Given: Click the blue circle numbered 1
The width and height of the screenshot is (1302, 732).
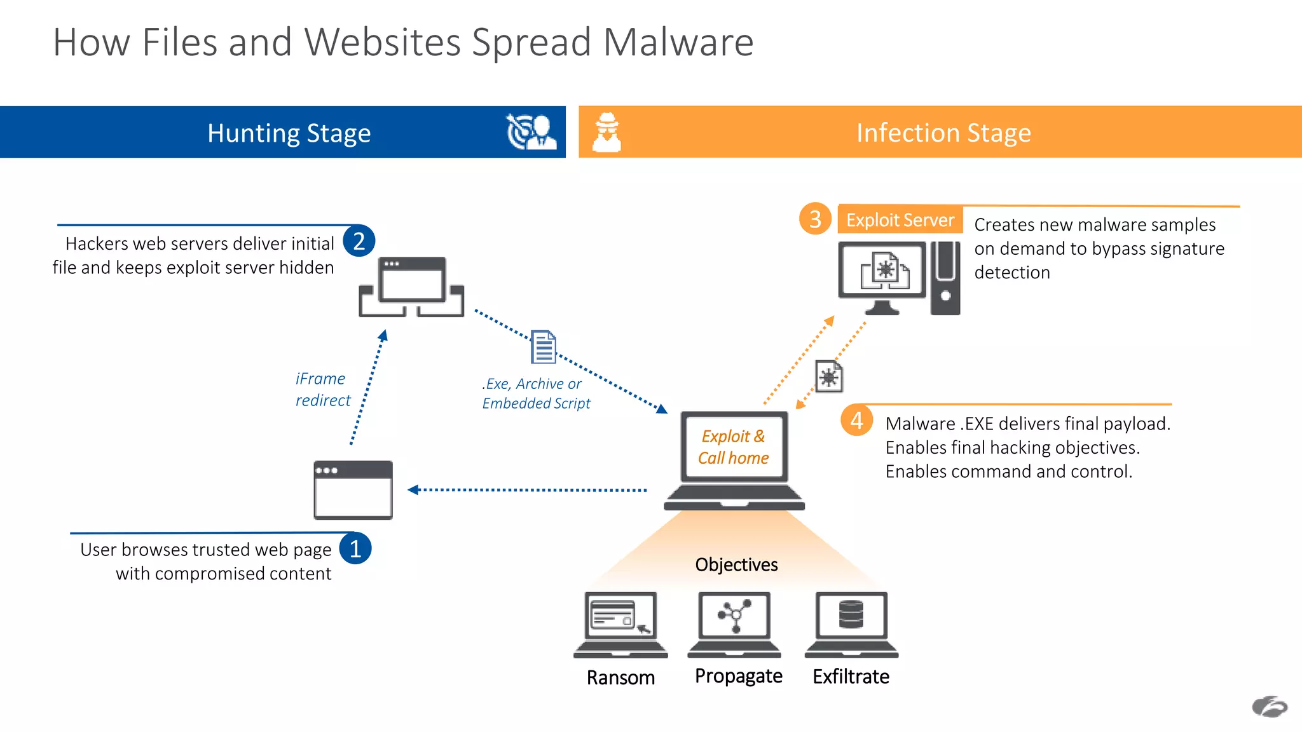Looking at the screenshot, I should click(355, 548).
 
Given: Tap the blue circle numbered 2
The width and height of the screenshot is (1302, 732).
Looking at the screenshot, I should click(359, 241).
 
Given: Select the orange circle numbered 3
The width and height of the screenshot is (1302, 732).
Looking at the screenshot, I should click(815, 219).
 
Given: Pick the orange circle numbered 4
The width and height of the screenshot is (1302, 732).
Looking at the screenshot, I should click(856, 421).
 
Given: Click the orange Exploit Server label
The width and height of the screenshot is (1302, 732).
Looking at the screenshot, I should click(900, 220).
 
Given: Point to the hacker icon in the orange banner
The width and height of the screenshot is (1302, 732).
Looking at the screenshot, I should click(606, 132).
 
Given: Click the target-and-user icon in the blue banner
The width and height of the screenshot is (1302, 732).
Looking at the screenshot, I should click(531, 132).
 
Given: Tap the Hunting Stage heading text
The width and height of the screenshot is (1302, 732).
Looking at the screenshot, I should click(289, 133).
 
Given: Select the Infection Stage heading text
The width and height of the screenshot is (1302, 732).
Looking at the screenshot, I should click(943, 133).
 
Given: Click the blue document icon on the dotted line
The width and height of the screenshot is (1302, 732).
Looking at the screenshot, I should click(544, 346).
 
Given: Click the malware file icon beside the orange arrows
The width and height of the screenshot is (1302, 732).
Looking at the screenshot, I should click(829, 377).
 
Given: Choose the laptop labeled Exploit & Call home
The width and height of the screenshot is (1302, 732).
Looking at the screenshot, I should click(734, 461).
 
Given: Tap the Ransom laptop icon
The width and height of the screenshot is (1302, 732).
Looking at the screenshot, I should click(620, 624).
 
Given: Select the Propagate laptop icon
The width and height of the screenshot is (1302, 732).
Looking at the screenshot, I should click(734, 624).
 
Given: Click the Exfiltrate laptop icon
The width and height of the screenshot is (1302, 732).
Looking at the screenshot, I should click(851, 624).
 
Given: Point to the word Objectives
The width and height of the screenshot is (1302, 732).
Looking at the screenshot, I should click(736, 564).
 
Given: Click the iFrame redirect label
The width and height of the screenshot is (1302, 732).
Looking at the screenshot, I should click(322, 389).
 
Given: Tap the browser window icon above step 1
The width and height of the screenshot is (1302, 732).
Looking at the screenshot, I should click(353, 490).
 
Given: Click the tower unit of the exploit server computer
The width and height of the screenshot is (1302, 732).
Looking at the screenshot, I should click(945, 278).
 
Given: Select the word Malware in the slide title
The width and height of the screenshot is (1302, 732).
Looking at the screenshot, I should click(678, 43).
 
